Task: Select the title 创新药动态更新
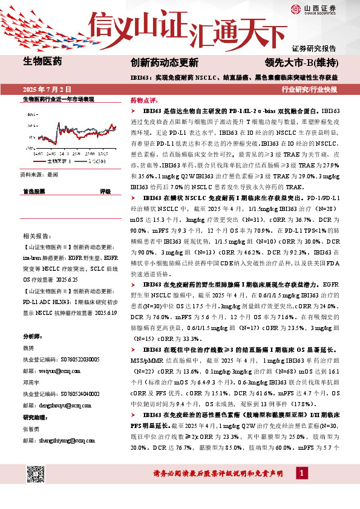(165, 62)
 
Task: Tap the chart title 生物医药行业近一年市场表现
(58, 99)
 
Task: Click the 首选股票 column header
(34, 191)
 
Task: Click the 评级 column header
(105, 191)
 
